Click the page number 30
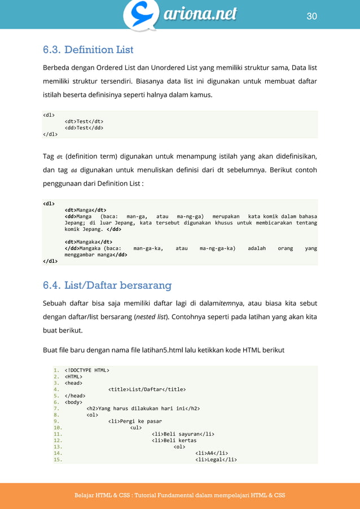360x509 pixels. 311,16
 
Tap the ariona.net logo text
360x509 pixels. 200,14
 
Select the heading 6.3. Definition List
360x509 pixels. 88,50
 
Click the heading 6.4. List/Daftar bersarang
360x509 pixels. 107,284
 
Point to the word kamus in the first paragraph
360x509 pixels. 200,95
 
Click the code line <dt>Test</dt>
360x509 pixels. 84,121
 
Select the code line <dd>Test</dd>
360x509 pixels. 84,128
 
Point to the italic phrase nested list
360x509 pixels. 151,317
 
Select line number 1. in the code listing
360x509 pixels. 56,370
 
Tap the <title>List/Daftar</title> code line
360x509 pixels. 147,389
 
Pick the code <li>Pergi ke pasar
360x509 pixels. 135,421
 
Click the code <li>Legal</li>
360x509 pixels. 216,459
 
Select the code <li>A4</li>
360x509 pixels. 212,453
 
